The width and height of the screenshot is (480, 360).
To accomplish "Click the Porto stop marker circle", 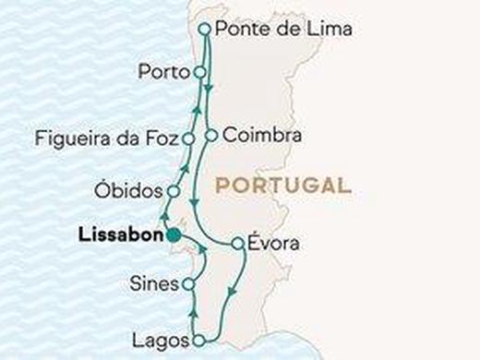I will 198,71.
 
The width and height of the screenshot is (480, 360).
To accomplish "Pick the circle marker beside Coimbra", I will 210,135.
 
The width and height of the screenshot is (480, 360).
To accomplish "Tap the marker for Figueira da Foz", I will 188,139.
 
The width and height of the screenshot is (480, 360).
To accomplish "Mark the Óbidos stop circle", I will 172,191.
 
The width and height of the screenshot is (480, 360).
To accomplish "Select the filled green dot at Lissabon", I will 173,236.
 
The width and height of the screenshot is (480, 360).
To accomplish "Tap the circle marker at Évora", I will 237,245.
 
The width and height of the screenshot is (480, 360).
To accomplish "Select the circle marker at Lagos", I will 198,340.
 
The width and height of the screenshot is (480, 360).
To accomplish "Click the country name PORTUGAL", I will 282,185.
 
